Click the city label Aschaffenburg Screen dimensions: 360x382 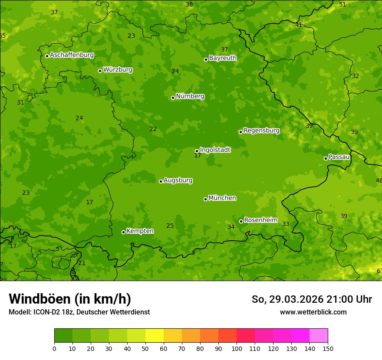(72, 55)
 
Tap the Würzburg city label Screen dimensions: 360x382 (118, 70)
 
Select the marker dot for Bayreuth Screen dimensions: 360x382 (206, 59)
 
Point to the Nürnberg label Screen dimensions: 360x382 (190, 96)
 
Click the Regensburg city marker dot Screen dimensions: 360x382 (240, 132)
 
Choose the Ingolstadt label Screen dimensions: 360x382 (215, 150)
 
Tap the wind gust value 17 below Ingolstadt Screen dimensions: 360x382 (198, 156)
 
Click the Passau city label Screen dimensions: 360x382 (339, 157)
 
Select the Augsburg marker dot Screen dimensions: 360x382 (161, 181)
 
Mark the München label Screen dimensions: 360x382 (222, 198)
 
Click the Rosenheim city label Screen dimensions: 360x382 (260, 220)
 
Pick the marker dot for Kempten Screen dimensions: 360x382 (123, 232)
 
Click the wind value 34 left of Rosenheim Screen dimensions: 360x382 (231, 227)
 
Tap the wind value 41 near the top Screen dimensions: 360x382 (299, 25)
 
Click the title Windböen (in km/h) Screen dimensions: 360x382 (70, 299)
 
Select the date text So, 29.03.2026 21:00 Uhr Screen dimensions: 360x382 (312, 299)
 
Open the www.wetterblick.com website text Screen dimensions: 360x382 (313, 312)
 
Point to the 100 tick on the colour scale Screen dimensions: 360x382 (237, 348)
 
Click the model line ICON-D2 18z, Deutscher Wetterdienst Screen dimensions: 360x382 (79, 312)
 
